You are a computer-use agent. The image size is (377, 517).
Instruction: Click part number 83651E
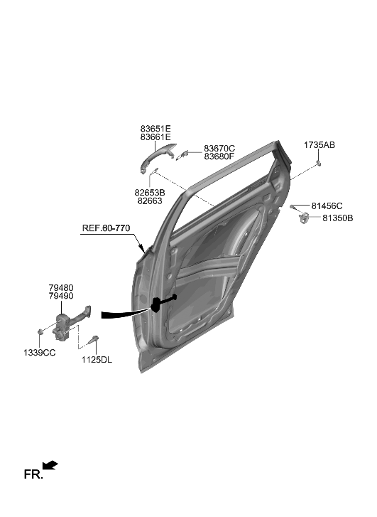click(155, 128)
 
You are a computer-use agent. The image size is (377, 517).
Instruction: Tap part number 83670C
click(219, 147)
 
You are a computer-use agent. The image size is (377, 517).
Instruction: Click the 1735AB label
click(319, 144)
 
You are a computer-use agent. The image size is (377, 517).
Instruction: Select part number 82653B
click(150, 193)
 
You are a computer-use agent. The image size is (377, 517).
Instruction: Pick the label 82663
click(150, 201)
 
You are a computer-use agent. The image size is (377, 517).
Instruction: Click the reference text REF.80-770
click(107, 229)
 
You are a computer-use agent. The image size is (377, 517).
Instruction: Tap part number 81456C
click(327, 206)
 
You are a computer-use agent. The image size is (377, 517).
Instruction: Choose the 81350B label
click(337, 218)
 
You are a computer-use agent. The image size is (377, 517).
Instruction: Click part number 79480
click(60, 287)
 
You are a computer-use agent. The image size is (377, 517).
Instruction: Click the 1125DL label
click(97, 360)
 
